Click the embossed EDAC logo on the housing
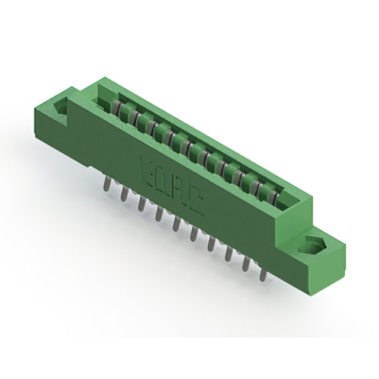pos(172,184)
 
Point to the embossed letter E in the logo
pos(149,169)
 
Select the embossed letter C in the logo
pos(196,203)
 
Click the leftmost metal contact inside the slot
pos(118,108)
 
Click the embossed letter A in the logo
pos(181,191)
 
